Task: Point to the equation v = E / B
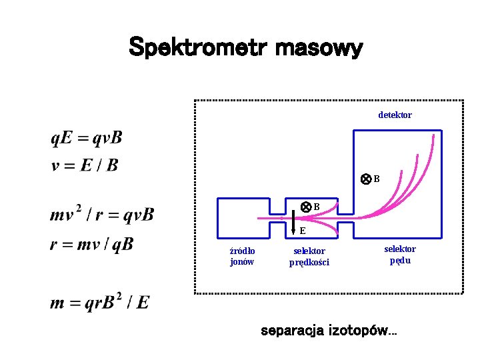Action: (85, 165)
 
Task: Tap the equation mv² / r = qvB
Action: (102, 215)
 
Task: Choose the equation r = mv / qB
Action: (91, 245)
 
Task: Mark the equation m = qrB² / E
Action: (99, 303)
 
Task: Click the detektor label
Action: (395, 115)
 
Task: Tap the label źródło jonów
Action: (242, 256)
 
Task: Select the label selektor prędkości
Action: (309, 256)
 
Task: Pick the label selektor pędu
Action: (400, 255)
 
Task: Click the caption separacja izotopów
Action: (328, 331)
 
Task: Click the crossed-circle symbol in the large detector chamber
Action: (365, 179)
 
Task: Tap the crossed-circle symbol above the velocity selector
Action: (305, 207)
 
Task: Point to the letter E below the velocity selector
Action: (303, 231)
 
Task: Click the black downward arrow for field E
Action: (293, 224)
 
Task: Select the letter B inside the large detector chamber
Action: (377, 179)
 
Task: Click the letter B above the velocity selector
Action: (317, 207)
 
